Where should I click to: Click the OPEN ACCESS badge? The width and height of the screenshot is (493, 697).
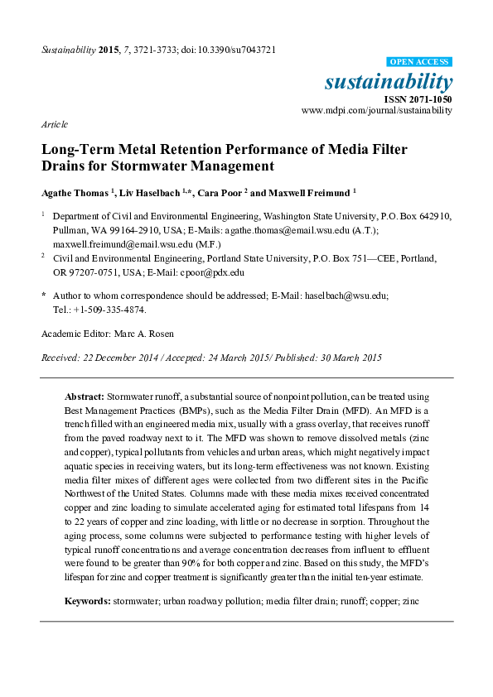pos(420,62)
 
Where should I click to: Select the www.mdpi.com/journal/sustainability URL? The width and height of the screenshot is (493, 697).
pos(377,110)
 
